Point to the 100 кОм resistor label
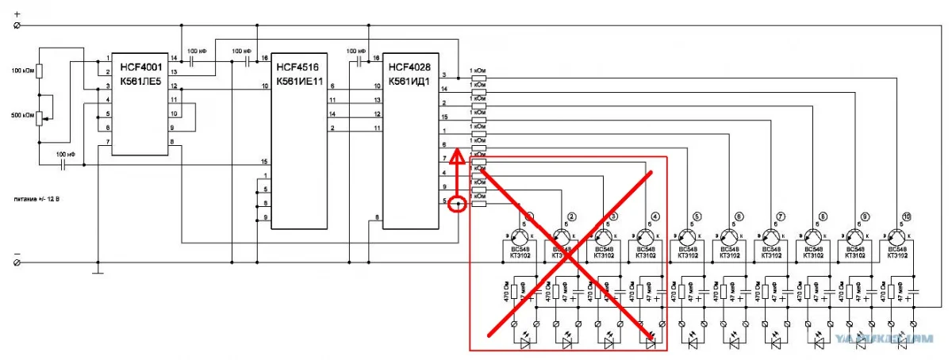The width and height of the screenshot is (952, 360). (23, 71)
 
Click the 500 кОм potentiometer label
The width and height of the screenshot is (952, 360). (23, 116)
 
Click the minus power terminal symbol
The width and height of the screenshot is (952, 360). (17, 262)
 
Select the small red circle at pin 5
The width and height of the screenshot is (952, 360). (457, 205)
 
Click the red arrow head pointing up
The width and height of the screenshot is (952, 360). (458, 159)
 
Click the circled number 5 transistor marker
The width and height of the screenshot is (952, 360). (697, 216)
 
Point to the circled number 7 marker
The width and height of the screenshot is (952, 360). (780, 216)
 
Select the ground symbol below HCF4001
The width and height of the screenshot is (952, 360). (98, 274)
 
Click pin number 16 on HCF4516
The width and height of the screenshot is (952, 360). (264, 57)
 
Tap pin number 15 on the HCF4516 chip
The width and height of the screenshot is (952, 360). (263, 162)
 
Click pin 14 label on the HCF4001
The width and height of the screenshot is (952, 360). (172, 58)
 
